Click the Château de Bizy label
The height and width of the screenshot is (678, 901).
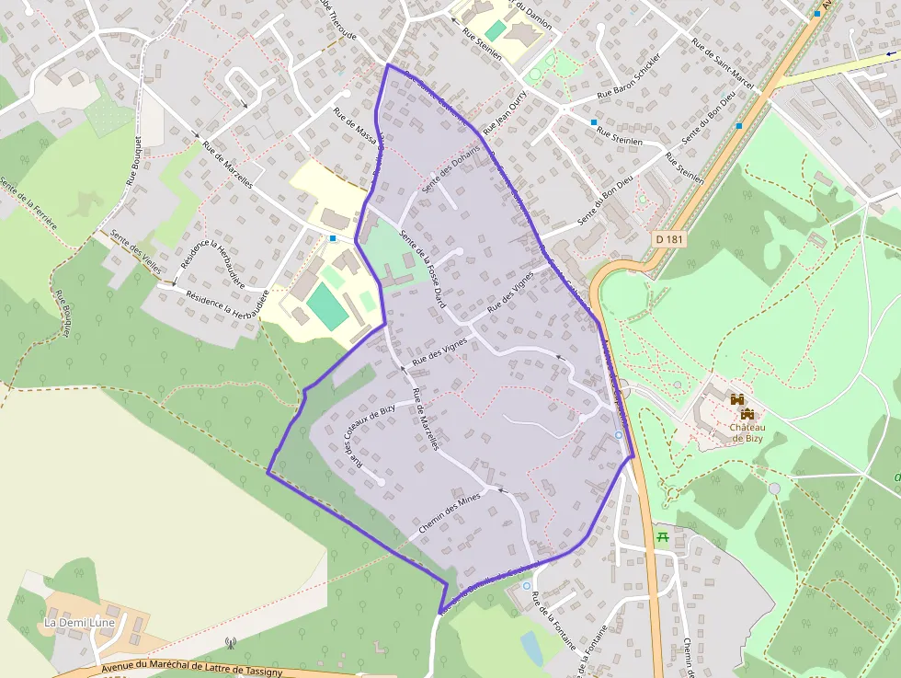[747, 431]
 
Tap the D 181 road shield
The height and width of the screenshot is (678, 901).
[672, 239]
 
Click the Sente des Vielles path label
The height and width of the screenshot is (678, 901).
[134, 248]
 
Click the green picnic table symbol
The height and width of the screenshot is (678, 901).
[662, 537]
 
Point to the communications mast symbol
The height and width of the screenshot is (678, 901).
[230, 643]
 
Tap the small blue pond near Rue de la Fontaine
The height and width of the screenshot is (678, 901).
[531, 647]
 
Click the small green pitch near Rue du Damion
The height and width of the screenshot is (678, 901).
[496, 30]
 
